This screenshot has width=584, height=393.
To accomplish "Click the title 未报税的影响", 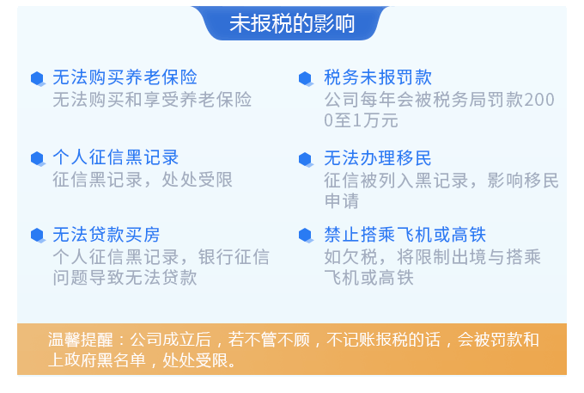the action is point(292,23).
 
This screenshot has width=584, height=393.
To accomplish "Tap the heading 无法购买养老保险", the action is point(125,77).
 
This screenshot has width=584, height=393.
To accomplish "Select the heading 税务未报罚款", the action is point(378,77).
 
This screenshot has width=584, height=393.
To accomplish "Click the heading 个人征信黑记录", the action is point(116,157).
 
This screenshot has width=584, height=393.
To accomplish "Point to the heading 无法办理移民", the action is point(378,158).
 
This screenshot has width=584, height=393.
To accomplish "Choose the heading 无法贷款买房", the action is point(106,235).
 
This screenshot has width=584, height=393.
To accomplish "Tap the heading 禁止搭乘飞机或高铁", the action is point(405,235).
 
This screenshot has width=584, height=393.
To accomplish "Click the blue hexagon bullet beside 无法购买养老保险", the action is point(38,78).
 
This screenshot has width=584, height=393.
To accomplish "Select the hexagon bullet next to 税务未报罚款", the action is point(306,78).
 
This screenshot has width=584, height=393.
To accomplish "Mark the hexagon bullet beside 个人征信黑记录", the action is point(38,159).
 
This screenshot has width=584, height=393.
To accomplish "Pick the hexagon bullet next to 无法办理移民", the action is point(306,160).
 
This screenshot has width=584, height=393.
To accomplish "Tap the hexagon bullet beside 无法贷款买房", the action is point(38,236).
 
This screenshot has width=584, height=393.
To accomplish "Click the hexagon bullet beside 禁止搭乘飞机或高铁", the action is point(306,236).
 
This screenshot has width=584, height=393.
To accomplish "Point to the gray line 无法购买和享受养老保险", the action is point(152,100).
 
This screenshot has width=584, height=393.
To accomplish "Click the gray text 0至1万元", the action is point(361,120).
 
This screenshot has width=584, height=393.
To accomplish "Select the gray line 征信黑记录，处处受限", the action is point(143,180).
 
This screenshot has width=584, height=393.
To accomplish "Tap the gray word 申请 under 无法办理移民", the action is point(342,201).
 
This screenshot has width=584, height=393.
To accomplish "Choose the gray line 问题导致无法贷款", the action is point(125,278).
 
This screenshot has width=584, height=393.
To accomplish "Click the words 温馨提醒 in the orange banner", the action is point(81,340).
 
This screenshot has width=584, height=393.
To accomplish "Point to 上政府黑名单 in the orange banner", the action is point(97,360).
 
